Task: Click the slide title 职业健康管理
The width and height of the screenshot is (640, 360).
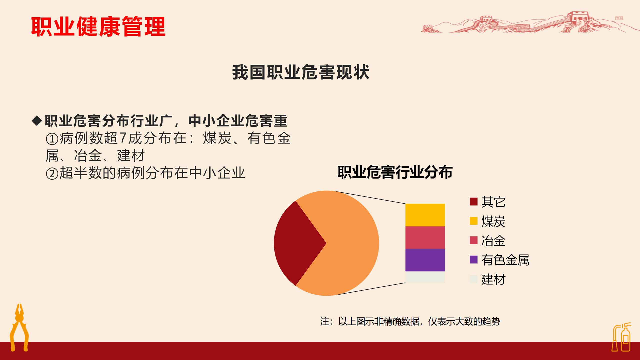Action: (x=98, y=26)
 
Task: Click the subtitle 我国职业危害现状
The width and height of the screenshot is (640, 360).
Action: (x=301, y=72)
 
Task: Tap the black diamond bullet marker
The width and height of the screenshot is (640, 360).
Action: (x=37, y=120)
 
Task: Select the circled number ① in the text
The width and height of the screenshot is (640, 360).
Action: (x=52, y=139)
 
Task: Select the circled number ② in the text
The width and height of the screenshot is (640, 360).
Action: (x=52, y=173)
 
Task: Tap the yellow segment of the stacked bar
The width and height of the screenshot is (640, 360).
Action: (x=425, y=215)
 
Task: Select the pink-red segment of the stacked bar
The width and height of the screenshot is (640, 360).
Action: (x=425, y=237)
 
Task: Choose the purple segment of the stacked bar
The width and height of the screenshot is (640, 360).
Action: (x=425, y=260)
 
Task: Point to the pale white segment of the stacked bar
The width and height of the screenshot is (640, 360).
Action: (x=425, y=277)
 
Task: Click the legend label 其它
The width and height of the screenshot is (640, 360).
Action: (x=493, y=202)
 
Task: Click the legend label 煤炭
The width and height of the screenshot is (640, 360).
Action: (x=493, y=221)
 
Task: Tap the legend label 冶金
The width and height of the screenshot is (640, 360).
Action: (x=493, y=240)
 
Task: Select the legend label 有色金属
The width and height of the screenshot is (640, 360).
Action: (x=505, y=260)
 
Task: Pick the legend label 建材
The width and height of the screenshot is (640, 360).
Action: (x=493, y=279)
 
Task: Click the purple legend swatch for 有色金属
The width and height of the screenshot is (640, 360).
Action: (x=473, y=259)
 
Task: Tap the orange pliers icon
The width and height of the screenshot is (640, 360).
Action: (x=19, y=327)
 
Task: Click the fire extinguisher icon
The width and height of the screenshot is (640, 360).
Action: (x=621, y=337)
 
